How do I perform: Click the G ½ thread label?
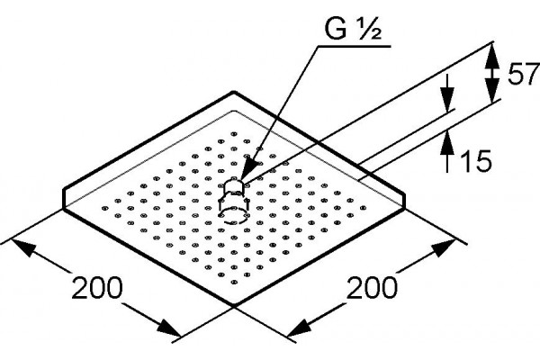[352, 30]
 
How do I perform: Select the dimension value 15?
[475, 160]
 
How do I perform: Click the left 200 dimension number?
[97, 288]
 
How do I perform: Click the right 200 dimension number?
[372, 288]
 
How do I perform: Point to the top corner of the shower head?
[234, 92]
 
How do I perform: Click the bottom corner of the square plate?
[234, 304]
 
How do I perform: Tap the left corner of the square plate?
[64, 207]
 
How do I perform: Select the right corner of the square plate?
[403, 207]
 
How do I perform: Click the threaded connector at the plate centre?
[234, 202]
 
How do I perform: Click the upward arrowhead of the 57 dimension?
[492, 53]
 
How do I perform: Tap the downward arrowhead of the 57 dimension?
[492, 91]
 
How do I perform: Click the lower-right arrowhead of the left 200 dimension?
[169, 328]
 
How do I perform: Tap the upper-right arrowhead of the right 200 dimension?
[445, 248]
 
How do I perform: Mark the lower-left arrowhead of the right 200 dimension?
[300, 328]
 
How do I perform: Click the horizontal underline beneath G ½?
[354, 46]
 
